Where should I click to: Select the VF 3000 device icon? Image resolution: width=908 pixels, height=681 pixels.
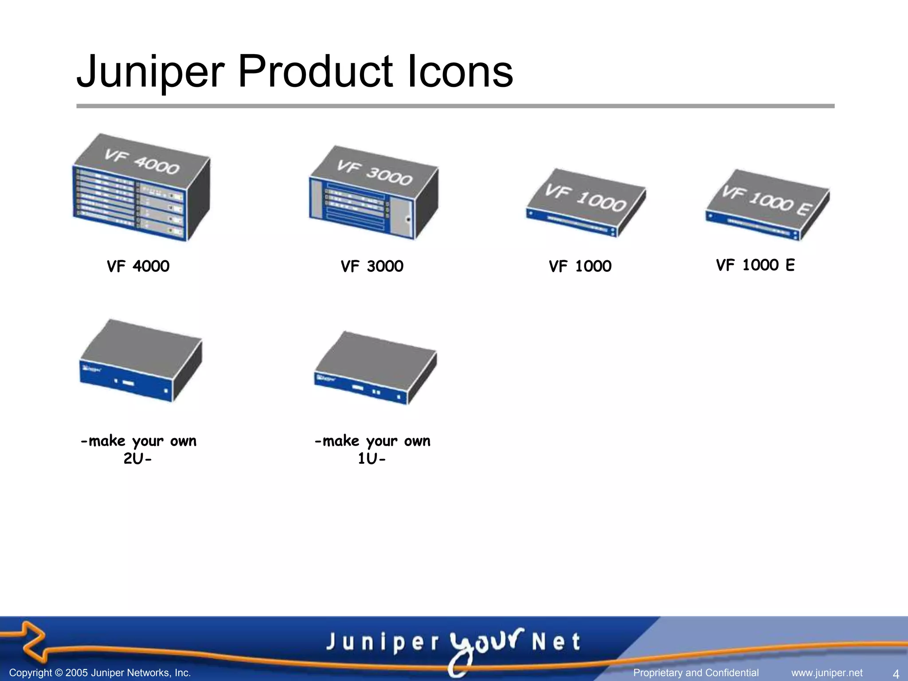click(x=373, y=193)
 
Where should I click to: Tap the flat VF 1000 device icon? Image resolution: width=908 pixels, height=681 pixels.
click(x=586, y=203)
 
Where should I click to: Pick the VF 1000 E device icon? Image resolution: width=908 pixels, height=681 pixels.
click(x=767, y=205)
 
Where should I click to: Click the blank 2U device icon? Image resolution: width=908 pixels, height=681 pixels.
click(x=141, y=360)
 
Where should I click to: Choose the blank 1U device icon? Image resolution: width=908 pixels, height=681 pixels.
click(x=375, y=368)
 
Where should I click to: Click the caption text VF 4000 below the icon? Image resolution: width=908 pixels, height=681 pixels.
click(x=138, y=266)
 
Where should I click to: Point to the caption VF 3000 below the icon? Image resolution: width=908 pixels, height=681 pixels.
click(x=372, y=266)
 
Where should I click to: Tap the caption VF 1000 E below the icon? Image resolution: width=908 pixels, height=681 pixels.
click(x=755, y=265)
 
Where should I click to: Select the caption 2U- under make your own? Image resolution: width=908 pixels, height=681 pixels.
click(x=137, y=458)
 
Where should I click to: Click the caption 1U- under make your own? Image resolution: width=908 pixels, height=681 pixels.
click(x=372, y=458)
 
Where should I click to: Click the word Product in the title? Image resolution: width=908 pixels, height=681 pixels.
click(x=315, y=71)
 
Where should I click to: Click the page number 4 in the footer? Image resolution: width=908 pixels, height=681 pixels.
click(x=896, y=673)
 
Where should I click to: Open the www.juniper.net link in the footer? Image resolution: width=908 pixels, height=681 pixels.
click(x=827, y=673)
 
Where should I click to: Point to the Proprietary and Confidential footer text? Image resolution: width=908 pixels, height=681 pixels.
click(x=696, y=673)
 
